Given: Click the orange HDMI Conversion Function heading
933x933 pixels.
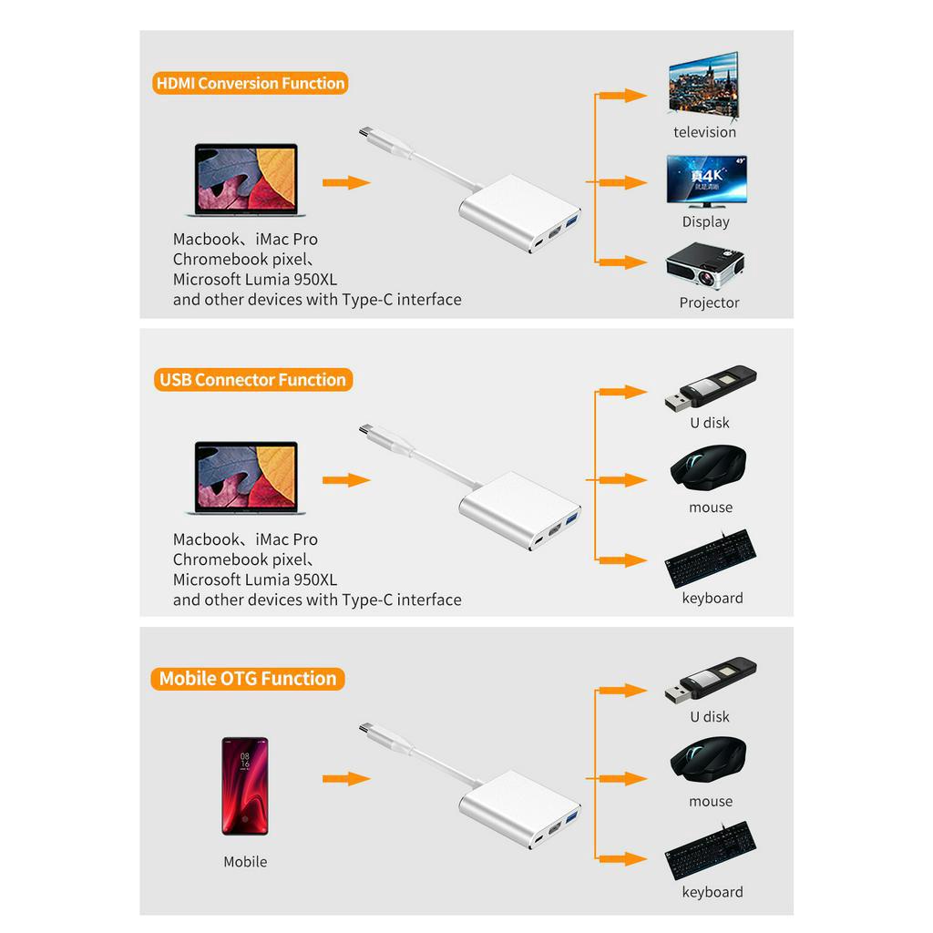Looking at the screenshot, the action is (251, 83).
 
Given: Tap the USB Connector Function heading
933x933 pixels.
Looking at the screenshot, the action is (252, 380).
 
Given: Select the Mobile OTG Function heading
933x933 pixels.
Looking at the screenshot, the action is (248, 679).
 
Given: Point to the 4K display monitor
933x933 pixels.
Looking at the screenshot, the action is (707, 180).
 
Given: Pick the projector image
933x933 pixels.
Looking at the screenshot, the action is (705, 266).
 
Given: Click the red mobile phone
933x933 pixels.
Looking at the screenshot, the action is (245, 786).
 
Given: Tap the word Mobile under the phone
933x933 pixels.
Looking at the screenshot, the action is (245, 862).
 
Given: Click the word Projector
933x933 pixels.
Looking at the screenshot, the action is (709, 302).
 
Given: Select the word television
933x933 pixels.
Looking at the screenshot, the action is (704, 132).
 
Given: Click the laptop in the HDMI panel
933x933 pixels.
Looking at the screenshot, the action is (245, 179).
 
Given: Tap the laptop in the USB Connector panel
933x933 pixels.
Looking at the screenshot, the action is (245, 479).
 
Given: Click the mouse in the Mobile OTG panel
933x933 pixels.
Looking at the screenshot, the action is (709, 760).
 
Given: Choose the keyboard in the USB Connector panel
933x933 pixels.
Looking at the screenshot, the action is (711, 559).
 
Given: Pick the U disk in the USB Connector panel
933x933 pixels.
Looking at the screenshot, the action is (711, 387).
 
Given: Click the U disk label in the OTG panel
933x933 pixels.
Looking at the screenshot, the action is (710, 717).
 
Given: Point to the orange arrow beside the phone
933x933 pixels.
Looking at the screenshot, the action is (346, 779).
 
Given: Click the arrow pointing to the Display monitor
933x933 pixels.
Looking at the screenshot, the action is (623, 182).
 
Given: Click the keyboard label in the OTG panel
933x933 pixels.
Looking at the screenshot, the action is (713, 892).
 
